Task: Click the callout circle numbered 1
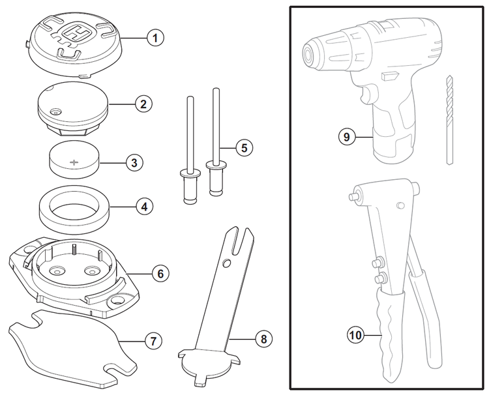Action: [155, 38]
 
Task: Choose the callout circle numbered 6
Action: [161, 273]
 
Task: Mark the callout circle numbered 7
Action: [152, 340]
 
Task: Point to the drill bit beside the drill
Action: [449, 121]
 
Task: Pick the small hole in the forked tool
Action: [226, 263]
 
